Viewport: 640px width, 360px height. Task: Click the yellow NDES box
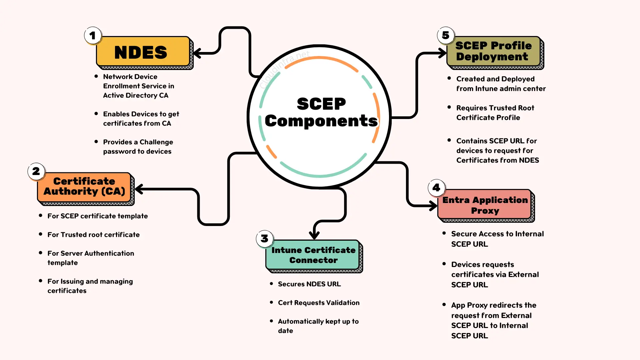pyautogui.click(x=143, y=52)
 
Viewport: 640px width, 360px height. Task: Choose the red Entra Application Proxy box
pyautogui.click(x=485, y=205)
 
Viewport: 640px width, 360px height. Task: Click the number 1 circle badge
pyautogui.click(x=93, y=35)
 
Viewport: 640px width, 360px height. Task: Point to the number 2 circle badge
pyautogui.click(x=36, y=171)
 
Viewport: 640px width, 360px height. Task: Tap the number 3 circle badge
pyautogui.click(x=264, y=239)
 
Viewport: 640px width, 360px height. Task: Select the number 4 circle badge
pyautogui.click(x=436, y=188)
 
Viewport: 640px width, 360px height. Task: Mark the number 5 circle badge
pyautogui.click(x=446, y=35)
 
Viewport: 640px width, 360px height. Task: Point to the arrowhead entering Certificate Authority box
pyautogui.click(x=139, y=189)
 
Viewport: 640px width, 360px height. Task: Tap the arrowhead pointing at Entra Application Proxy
pyautogui.click(x=433, y=206)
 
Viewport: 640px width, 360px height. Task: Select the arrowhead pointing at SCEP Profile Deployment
pyautogui.click(x=443, y=53)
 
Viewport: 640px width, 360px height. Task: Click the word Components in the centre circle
pyautogui.click(x=321, y=121)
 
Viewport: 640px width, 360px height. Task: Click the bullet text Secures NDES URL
pyautogui.click(x=309, y=284)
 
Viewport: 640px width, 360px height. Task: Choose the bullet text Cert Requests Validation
pyautogui.click(x=318, y=303)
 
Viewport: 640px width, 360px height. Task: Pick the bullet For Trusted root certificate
pyautogui.click(x=93, y=235)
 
